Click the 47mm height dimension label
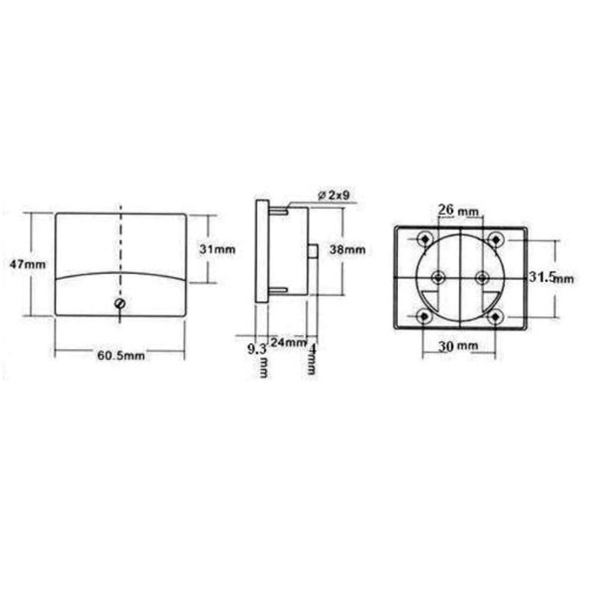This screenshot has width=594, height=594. (x=27, y=264)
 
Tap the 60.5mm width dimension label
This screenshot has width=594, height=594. (x=121, y=356)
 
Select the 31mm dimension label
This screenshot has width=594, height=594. (x=218, y=249)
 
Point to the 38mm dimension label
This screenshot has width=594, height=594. (x=347, y=249)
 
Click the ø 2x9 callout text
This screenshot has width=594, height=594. (x=333, y=195)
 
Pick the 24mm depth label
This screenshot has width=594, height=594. (x=288, y=342)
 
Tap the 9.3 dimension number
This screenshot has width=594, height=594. (x=257, y=349)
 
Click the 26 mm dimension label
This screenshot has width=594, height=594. (x=458, y=209)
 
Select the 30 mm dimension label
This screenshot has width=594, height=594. (x=458, y=345)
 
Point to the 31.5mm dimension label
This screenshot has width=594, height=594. (x=551, y=278)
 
